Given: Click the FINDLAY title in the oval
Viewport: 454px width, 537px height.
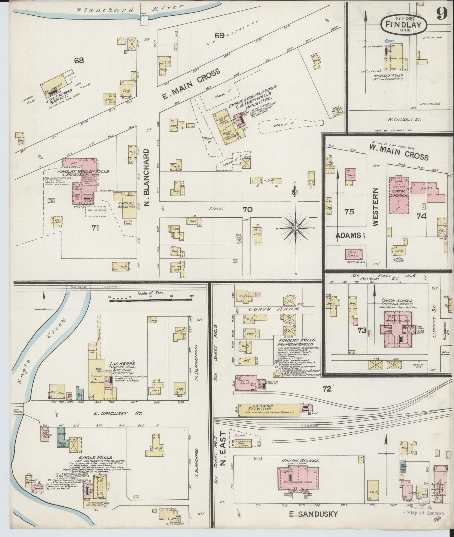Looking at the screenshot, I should (x=404, y=24).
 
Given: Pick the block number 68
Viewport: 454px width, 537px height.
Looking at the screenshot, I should (x=79, y=60).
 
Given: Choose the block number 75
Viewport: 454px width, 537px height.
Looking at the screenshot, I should (x=349, y=212).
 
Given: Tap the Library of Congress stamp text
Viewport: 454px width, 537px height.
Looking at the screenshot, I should (x=424, y=514).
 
